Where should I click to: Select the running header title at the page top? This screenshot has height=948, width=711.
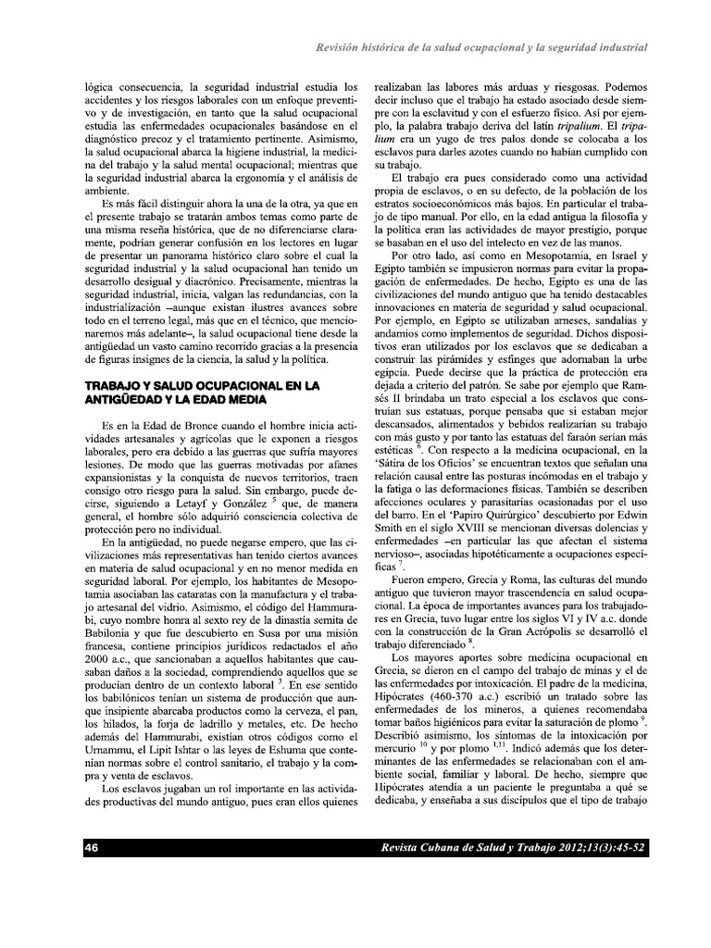point(481,46)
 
